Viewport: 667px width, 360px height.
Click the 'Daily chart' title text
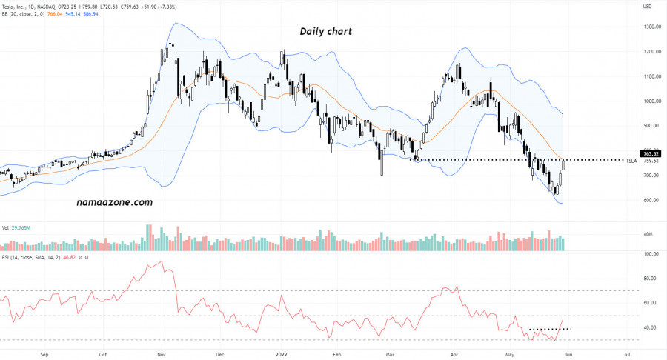tap(325, 32)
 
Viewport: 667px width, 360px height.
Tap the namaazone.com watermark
tap(114, 201)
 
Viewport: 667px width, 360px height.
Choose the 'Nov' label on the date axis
tap(162, 354)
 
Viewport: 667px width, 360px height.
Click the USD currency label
tap(647, 7)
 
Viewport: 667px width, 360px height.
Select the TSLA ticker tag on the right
tap(631, 161)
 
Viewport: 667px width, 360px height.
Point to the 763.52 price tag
tap(651, 153)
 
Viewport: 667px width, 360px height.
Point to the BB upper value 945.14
tap(73, 14)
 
